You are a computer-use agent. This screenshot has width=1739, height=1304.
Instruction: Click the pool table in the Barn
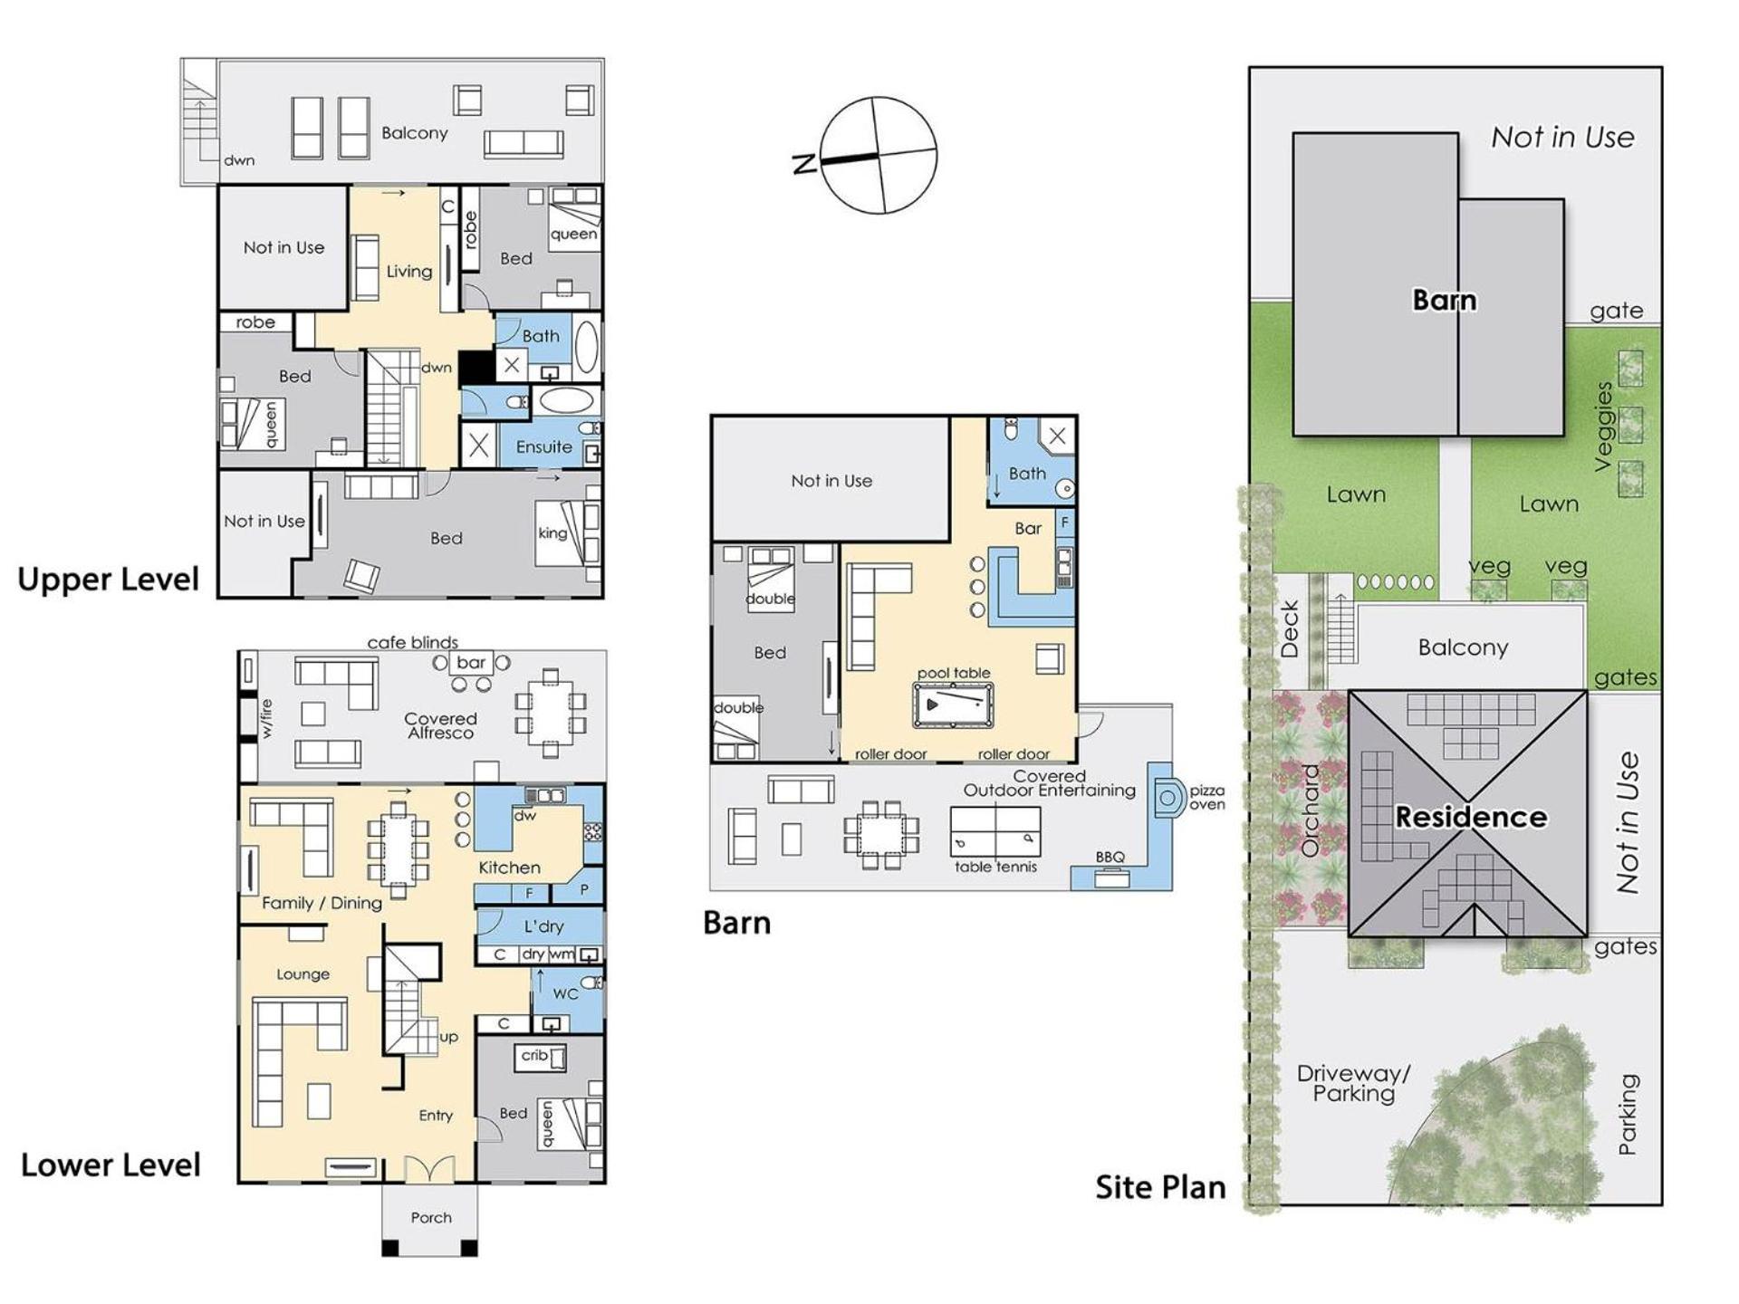click(953, 705)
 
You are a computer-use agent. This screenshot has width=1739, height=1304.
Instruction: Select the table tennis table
click(994, 831)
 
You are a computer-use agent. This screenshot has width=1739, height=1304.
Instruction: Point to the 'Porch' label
click(431, 1218)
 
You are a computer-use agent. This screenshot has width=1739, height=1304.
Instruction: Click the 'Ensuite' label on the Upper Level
click(543, 447)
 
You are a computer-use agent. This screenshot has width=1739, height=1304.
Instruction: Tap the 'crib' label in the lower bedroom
click(534, 1056)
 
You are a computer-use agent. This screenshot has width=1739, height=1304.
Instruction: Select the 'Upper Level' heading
click(109, 580)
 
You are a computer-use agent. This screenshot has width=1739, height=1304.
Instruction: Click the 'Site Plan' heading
click(1160, 1187)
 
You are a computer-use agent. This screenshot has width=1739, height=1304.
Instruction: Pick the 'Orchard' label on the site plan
click(1310, 810)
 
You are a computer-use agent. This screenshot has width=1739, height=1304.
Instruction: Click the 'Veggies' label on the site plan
click(1603, 427)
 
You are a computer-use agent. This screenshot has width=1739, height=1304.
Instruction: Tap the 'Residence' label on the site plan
click(1471, 817)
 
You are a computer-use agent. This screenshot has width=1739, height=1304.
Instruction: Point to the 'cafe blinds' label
click(413, 642)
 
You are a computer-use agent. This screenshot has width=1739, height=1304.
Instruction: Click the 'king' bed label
click(552, 532)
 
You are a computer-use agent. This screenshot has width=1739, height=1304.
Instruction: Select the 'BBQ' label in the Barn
click(1110, 857)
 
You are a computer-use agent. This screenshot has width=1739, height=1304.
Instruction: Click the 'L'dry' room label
click(543, 926)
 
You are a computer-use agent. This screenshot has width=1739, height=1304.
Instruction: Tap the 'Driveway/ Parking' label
click(1353, 1084)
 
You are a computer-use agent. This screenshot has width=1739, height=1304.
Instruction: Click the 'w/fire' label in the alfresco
click(266, 719)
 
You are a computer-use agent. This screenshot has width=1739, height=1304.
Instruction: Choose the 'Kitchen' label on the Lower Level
click(509, 868)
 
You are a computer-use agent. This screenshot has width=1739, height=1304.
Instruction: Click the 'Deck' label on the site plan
click(1290, 629)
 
